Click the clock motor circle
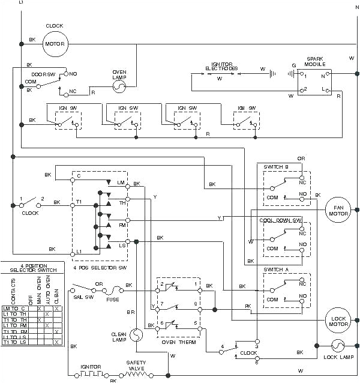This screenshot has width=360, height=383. (55, 43)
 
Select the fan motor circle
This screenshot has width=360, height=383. (337, 210)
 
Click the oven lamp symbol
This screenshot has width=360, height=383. (119, 86)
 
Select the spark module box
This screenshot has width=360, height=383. (316, 83)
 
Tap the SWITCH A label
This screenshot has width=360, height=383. (276, 270)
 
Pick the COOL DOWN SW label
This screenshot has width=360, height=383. (280, 220)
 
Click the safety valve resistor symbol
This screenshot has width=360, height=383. (137, 373)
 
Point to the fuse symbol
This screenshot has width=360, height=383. (112, 290)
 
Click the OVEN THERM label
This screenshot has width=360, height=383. (176, 342)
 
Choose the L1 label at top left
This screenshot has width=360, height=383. (22, 3)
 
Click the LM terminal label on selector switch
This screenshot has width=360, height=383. (121, 182)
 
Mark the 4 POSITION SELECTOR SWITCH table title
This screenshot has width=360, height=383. (32, 268)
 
